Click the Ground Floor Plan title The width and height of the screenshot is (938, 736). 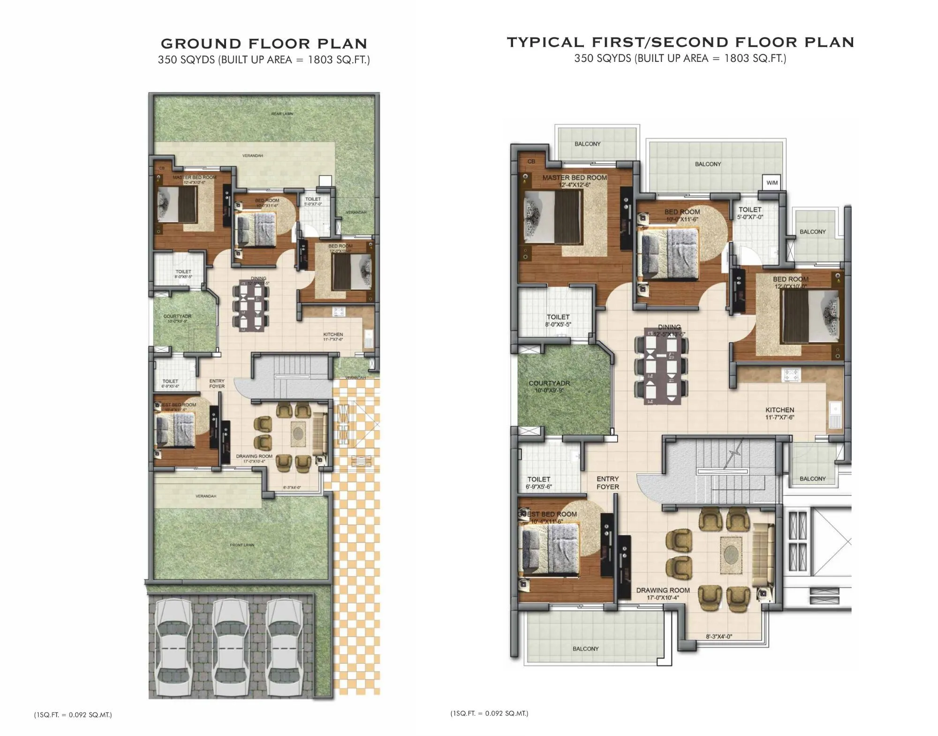(264, 44)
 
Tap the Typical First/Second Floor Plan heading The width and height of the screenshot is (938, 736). (680, 42)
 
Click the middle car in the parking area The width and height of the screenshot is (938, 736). (229, 647)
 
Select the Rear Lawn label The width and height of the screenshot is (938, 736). (282, 114)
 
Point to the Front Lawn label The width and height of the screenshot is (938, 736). (242, 545)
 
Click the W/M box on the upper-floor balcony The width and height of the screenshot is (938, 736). (772, 183)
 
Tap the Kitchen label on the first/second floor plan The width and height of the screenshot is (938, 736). (779, 410)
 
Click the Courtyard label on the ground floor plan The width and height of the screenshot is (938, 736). (177, 316)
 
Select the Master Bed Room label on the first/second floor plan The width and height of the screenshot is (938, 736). (575, 178)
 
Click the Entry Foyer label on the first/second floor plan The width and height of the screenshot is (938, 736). (608, 482)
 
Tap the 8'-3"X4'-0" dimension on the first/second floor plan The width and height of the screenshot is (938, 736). (719, 637)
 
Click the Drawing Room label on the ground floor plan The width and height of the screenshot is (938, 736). (254, 456)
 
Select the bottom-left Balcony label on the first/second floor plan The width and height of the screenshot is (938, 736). (585, 649)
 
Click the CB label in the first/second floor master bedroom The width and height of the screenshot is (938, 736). (531, 161)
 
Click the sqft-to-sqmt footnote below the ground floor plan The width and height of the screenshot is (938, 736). (73, 715)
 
